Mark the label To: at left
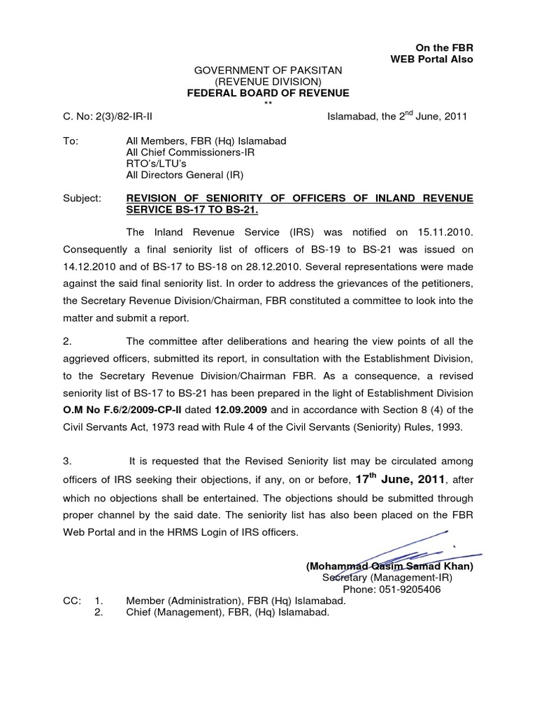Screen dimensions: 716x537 tap(71, 141)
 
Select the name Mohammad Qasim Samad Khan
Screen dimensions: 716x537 tap(389, 566)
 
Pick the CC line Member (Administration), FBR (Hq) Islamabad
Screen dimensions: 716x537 tap(236, 601)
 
